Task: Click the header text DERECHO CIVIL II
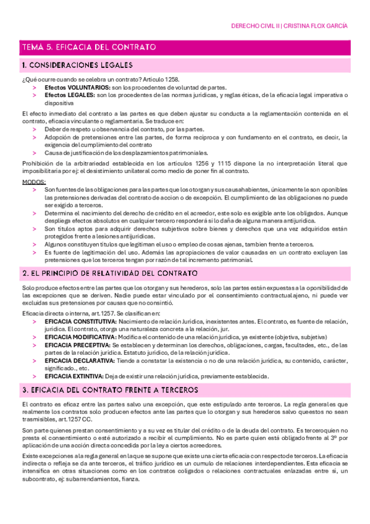pos(255,27)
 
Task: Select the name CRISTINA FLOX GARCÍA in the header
pos(316,27)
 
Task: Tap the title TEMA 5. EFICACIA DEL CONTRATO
pos(88,47)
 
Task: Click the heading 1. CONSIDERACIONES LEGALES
pos(77,65)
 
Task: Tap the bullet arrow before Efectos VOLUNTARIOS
pos(35,88)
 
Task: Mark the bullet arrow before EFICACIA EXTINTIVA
pos(35,376)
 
